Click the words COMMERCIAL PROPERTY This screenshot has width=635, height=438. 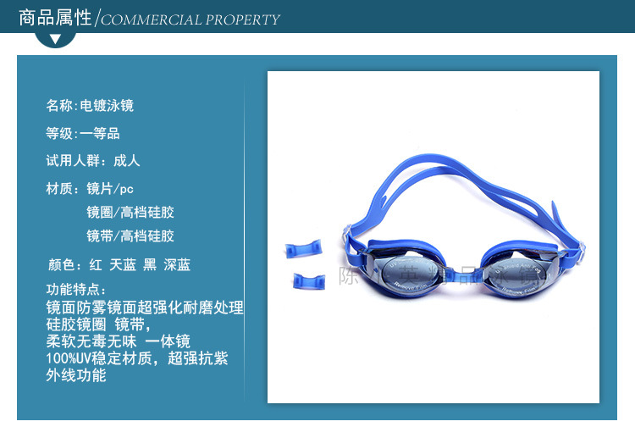tap(190, 19)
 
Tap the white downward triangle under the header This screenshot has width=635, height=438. tap(56, 39)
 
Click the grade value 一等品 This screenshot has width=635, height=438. tap(100, 133)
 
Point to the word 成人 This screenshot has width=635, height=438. tap(127, 160)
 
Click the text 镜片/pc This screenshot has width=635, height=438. tap(110, 188)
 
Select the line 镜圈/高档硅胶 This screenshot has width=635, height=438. tap(130, 212)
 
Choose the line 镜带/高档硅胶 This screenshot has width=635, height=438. tap(130, 236)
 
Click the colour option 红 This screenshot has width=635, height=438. tap(95, 265)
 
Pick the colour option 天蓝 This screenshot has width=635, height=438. tap(123, 265)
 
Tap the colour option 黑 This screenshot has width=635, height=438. tap(150, 265)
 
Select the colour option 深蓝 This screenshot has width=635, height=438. tap(177, 265)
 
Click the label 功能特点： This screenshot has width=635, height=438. tap(77, 289)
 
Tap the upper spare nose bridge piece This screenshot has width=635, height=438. tap(303, 247)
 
